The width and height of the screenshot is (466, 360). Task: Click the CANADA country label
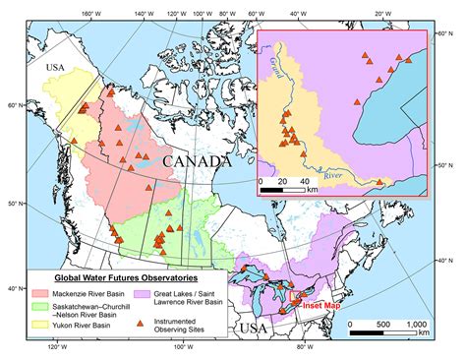tap(197, 160)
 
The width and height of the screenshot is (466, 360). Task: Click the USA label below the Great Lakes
tap(254, 326)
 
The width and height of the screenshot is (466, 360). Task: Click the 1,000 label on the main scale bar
tap(417, 324)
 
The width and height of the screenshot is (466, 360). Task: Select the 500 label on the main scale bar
tap(385, 324)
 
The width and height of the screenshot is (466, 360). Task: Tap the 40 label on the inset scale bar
tap(304, 182)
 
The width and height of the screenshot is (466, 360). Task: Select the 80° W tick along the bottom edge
tap(304, 348)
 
